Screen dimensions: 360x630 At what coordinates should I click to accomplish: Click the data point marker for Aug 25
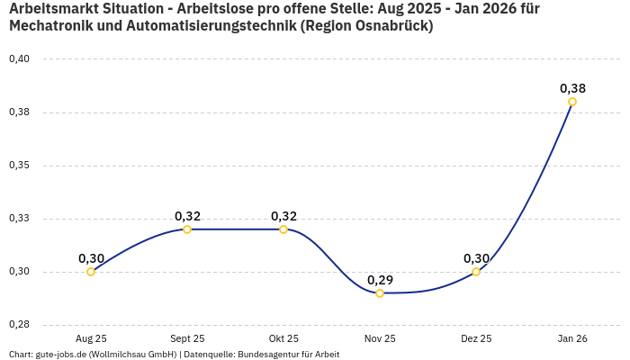pyautogui.click(x=91, y=272)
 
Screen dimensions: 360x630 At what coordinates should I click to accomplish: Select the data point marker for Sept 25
pyautogui.click(x=187, y=229)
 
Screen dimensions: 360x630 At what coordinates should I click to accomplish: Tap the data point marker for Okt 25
pyautogui.click(x=283, y=229)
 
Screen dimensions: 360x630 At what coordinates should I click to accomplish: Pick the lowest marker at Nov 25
pyautogui.click(x=380, y=293)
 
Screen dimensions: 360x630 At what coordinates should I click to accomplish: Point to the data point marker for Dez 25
pyautogui.click(x=476, y=272)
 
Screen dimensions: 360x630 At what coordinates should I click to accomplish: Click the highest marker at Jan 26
pyautogui.click(x=572, y=102)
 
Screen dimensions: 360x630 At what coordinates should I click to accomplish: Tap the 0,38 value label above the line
pyautogui.click(x=572, y=88)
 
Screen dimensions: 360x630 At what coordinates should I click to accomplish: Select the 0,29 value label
pyautogui.click(x=380, y=280)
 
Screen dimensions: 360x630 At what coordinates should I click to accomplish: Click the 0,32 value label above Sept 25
pyautogui.click(x=187, y=216)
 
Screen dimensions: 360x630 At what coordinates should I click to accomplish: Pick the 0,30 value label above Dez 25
pyautogui.click(x=476, y=258)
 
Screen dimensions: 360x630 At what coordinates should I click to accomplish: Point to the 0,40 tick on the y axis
pyautogui.click(x=19, y=59)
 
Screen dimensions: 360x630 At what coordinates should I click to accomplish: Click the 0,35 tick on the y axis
pyautogui.click(x=19, y=166)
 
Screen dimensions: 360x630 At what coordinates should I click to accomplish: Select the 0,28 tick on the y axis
pyautogui.click(x=19, y=325)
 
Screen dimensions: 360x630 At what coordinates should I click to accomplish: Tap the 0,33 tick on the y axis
pyautogui.click(x=19, y=219)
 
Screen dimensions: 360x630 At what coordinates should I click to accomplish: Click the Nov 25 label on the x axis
pyautogui.click(x=380, y=338)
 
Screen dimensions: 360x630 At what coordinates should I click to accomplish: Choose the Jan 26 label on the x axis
pyautogui.click(x=572, y=338)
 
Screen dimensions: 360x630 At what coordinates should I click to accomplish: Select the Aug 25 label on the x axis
pyautogui.click(x=91, y=338)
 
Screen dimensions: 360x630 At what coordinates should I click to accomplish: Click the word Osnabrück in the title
pyautogui.click(x=388, y=26)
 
